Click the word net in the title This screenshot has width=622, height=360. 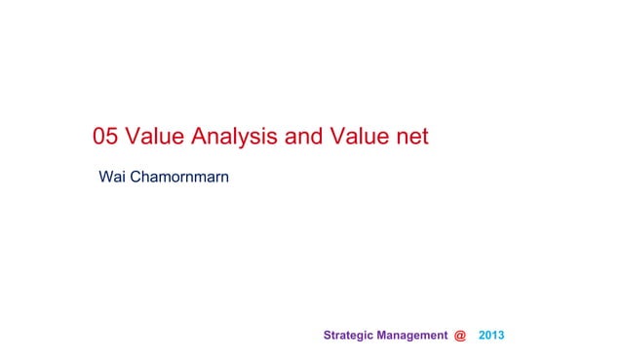411,138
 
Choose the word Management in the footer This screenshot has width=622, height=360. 413,336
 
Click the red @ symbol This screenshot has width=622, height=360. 460,336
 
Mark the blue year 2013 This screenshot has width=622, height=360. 491,336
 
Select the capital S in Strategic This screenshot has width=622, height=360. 326,336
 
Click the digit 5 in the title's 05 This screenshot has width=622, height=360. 110,138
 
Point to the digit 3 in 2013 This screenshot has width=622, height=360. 501,336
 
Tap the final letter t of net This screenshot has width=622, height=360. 424,138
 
